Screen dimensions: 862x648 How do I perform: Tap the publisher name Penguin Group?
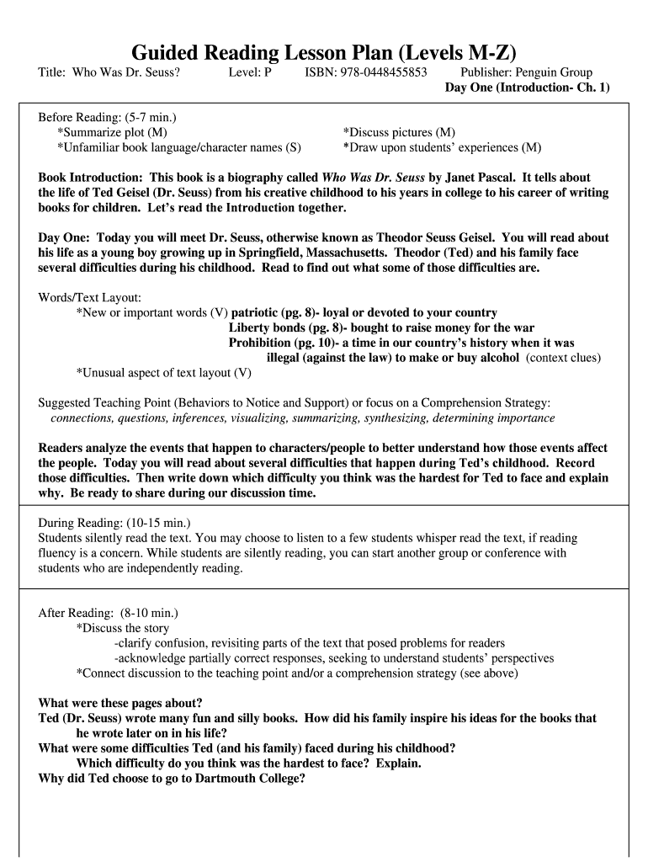[x=555, y=72]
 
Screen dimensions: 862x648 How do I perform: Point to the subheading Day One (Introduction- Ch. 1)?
[x=527, y=88]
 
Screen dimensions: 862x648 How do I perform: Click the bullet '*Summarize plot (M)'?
[x=112, y=132]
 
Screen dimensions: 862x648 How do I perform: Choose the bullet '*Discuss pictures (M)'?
[x=399, y=132]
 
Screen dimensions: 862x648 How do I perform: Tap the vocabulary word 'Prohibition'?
[x=261, y=343]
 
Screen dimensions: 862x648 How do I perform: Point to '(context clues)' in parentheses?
[x=563, y=358]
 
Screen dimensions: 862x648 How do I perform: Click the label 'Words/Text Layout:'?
[x=90, y=297]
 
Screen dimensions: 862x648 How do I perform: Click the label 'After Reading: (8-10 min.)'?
[x=109, y=613]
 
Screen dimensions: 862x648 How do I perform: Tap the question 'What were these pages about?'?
[x=120, y=703]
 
